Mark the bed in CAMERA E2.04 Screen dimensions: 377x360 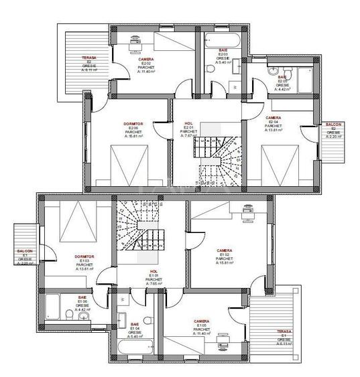point(276,164)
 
